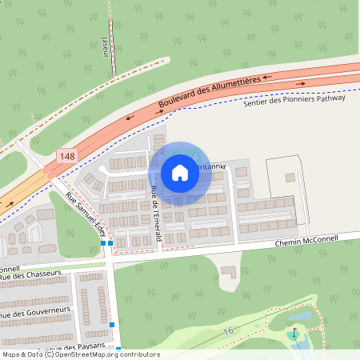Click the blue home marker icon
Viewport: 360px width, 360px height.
(179, 173)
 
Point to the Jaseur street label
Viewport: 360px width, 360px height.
(106, 47)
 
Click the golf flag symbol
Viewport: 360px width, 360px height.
(294, 330)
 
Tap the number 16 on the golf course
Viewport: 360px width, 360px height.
(228, 330)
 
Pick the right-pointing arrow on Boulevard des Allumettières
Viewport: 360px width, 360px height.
(302, 82)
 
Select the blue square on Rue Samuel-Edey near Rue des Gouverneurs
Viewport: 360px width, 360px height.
(113, 324)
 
